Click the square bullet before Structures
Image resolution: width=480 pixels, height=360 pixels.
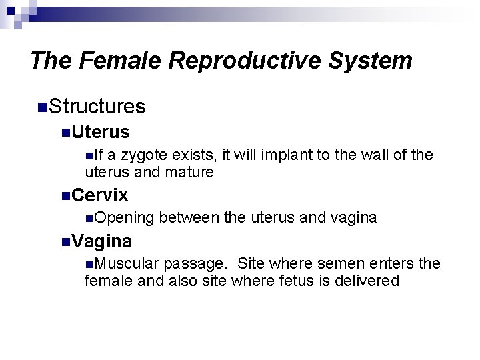43,106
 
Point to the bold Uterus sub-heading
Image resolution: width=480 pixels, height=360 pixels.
101,132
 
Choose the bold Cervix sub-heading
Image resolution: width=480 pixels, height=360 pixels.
100,195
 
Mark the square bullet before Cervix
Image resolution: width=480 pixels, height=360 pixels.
65,195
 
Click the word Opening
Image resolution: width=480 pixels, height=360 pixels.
126,218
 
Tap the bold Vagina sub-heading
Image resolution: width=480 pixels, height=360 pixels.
102,241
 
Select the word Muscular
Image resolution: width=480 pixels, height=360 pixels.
129,263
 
